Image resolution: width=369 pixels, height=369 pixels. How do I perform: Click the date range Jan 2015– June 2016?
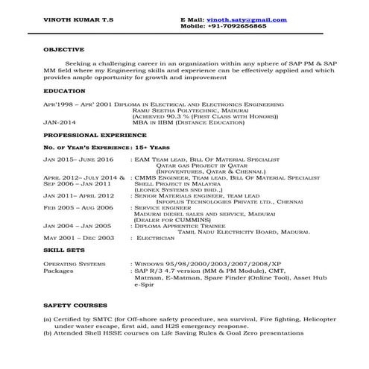[x=78, y=160]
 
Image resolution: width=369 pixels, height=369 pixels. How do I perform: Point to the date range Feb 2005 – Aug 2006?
[x=78, y=207]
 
